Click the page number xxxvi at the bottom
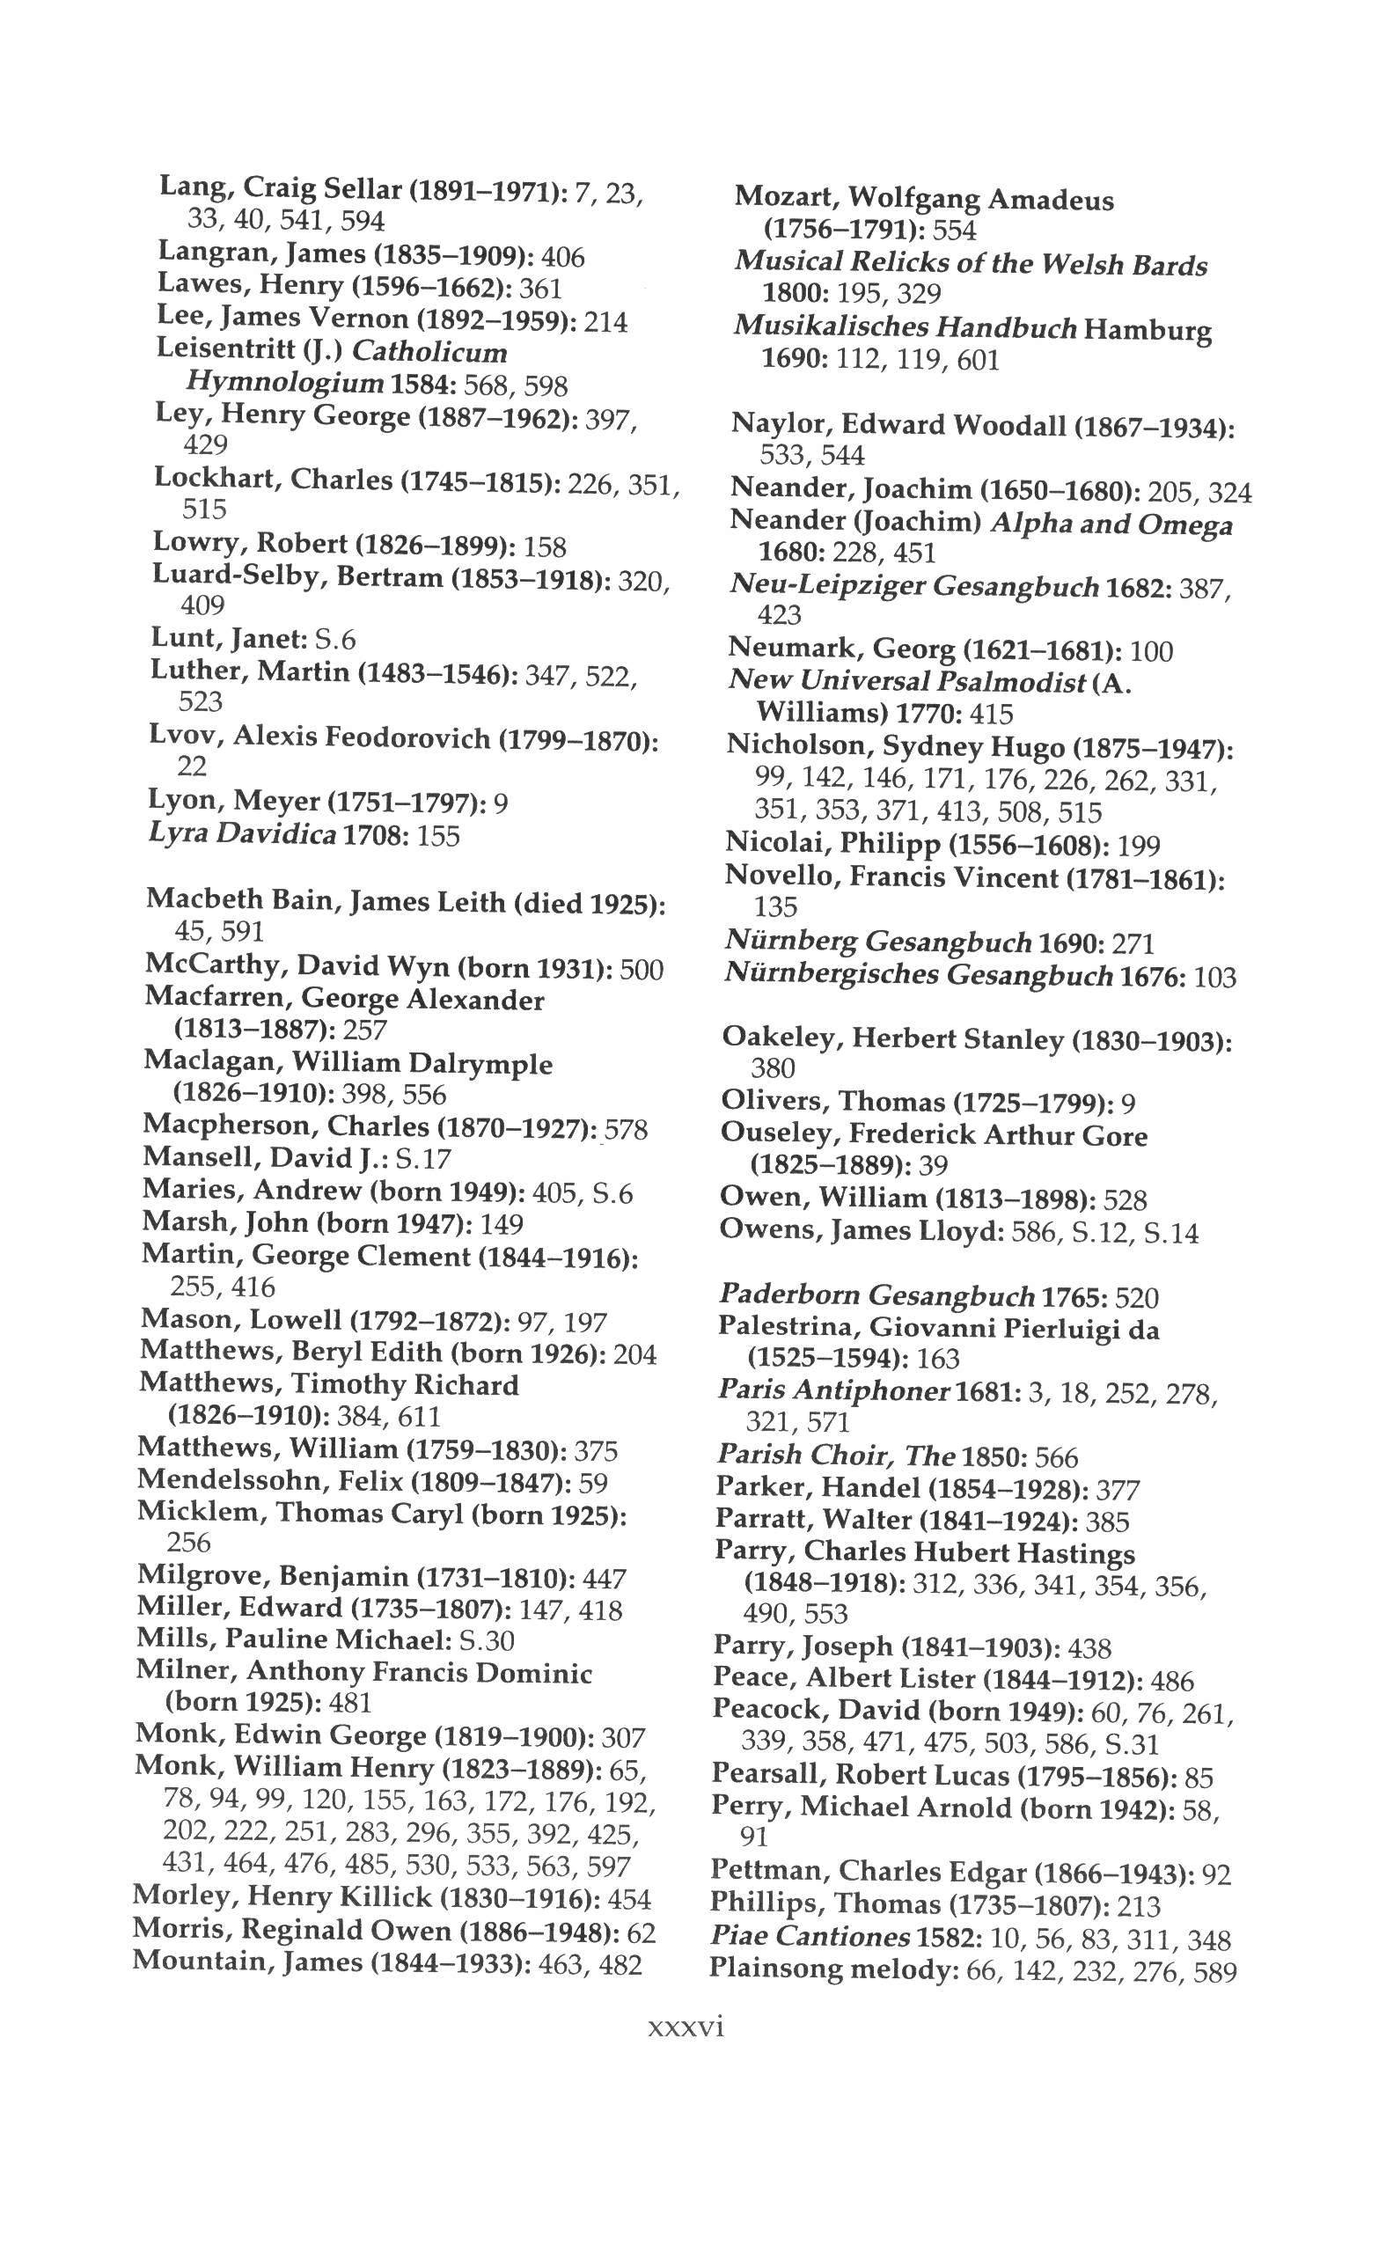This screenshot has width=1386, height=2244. (686, 2026)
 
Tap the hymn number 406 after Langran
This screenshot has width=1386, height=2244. (563, 258)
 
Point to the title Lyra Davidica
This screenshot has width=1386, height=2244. (242, 835)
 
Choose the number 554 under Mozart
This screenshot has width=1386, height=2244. (953, 231)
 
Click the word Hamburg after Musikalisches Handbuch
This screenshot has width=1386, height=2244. (1148, 329)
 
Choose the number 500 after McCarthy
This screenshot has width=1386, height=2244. (642, 969)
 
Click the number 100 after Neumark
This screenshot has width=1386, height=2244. (1151, 652)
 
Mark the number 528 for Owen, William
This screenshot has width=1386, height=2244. (1126, 1200)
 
